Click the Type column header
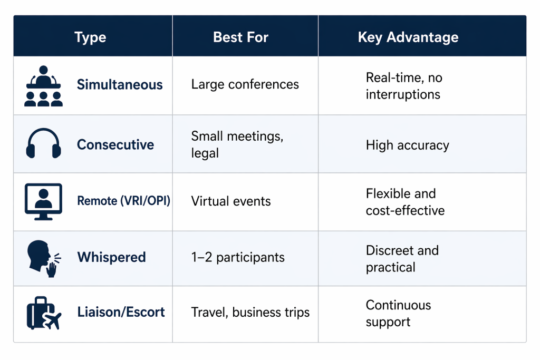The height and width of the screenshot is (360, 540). pos(90,37)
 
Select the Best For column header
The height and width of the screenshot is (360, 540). pos(240,37)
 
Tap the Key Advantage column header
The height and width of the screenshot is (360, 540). pos(408,37)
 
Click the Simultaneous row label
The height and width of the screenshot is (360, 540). pos(120,85)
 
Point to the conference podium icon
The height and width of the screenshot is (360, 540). pos(43,86)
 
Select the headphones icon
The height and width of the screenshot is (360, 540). pos(43,143)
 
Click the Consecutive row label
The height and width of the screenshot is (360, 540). pos(115,145)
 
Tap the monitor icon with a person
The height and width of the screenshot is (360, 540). pos(43,201)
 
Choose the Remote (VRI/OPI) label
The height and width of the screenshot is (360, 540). pos(123,201)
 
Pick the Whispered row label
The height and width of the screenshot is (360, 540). pos(111,258)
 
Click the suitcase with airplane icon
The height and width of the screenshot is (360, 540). pos(43,313)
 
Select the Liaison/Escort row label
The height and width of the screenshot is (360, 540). pos(121,312)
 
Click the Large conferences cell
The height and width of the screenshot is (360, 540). pos(245,84)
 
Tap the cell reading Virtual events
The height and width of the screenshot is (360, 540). pos(230,201)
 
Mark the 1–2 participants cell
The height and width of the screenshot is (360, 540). pos(237,258)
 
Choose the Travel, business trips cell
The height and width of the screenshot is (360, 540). pos(250,313)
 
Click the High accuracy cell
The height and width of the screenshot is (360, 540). pos(407,145)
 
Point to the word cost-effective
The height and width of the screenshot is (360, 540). pos(405,211)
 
